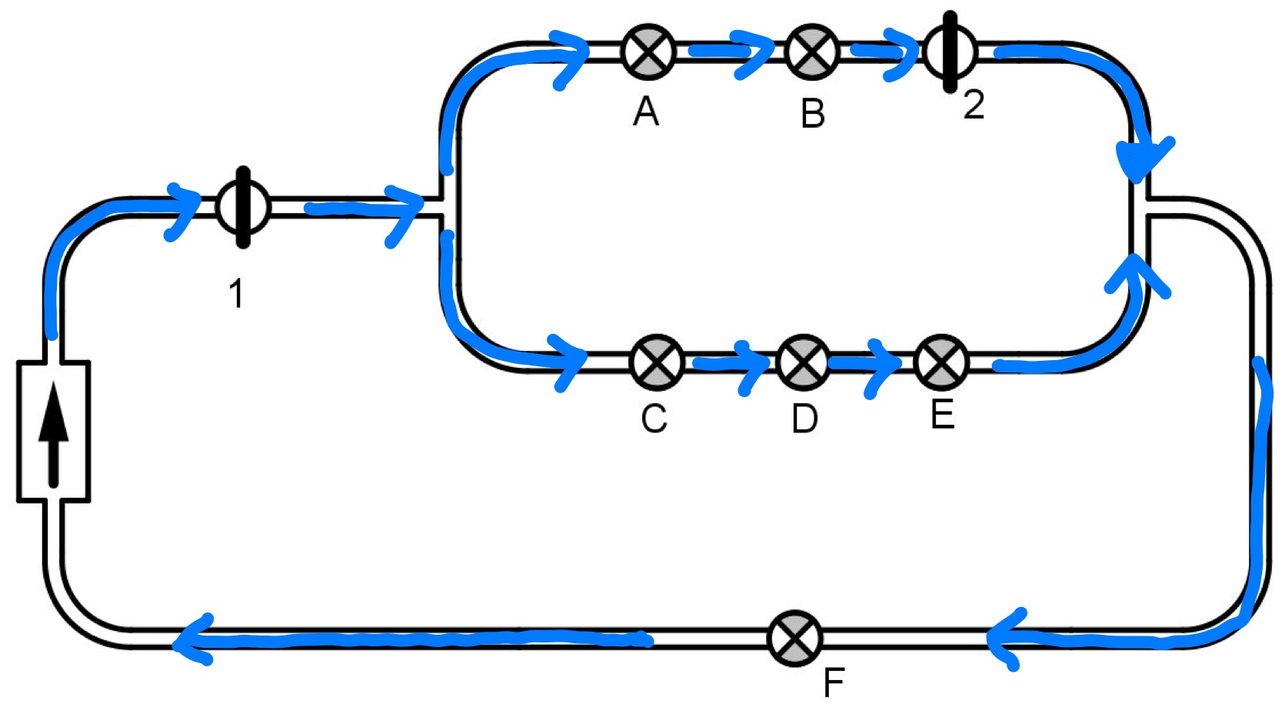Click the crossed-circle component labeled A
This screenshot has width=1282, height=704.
click(648, 52)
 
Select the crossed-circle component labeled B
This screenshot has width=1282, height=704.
click(812, 52)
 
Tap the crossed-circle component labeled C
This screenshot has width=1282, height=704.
click(656, 362)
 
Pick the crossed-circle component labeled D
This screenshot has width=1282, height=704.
click(803, 362)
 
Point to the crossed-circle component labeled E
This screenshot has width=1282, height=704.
click(941, 362)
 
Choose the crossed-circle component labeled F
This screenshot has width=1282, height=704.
click(795, 638)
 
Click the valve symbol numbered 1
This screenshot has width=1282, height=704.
click(243, 207)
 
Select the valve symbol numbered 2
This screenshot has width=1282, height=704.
click(950, 52)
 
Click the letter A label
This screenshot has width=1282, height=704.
click(646, 112)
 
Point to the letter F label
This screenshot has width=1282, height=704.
click(834, 682)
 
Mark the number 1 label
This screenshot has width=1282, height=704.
click(236, 294)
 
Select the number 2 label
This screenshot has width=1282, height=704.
click(974, 105)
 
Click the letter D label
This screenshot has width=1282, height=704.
click(804, 419)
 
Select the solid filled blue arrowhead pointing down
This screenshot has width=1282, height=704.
click(1144, 162)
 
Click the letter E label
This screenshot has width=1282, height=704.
click(942, 415)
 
